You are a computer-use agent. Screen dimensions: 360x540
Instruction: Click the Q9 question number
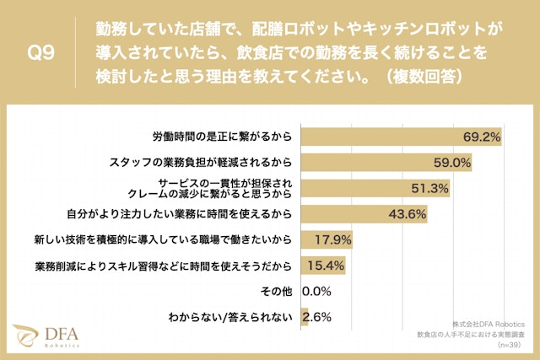tap(41, 52)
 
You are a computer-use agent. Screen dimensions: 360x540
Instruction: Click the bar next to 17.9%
tap(308, 240)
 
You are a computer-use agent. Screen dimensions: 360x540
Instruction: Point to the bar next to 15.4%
tap(305, 266)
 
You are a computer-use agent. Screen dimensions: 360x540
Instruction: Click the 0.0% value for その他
tap(316, 292)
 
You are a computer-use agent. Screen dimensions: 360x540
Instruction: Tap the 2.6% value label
tap(316, 318)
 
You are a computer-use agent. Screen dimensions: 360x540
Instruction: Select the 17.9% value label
tap(332, 240)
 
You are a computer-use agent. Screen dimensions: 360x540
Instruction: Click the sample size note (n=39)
tap(510, 346)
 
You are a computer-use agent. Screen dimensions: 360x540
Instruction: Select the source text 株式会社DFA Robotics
tap(489, 323)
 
